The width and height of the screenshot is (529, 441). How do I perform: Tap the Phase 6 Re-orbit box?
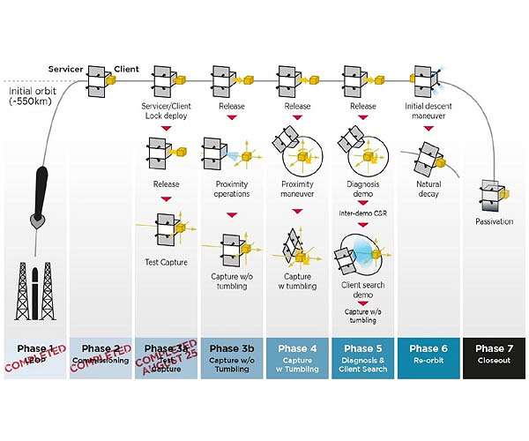(x=428, y=355)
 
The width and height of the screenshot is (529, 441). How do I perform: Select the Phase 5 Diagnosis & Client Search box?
(x=362, y=355)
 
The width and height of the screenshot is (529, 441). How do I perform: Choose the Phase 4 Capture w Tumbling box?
(x=297, y=355)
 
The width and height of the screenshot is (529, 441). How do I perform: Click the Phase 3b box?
(x=232, y=355)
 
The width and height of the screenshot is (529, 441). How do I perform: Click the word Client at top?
(x=127, y=69)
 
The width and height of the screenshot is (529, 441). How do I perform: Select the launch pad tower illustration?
(x=34, y=291)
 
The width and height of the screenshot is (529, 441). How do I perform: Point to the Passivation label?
(x=494, y=220)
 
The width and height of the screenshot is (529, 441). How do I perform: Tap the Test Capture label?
(x=167, y=261)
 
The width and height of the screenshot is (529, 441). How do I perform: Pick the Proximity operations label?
(x=232, y=189)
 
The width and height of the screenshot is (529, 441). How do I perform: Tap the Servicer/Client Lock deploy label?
(x=167, y=111)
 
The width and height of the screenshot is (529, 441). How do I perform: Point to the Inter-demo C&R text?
(x=362, y=213)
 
